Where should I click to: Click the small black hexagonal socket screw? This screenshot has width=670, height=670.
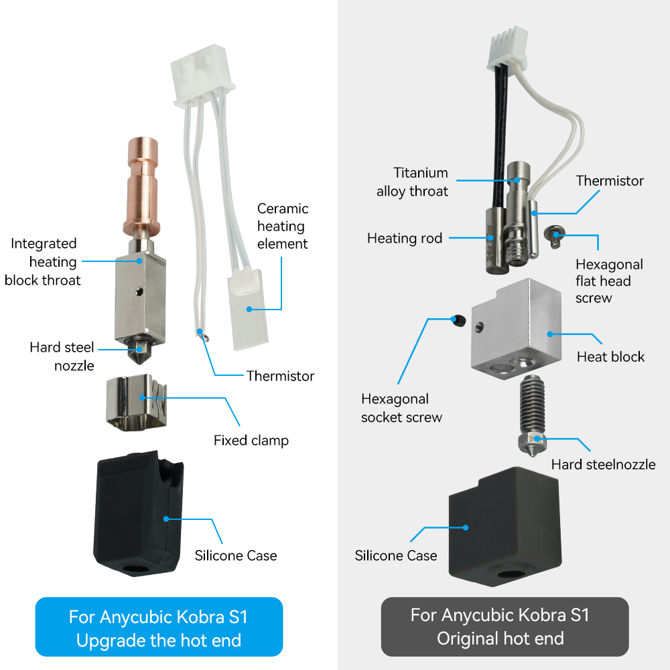point(459,321)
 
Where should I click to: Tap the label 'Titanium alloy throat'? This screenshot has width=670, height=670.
point(412,182)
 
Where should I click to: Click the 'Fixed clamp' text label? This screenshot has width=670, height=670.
point(251,440)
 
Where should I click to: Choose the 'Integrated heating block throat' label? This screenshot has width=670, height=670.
point(43,262)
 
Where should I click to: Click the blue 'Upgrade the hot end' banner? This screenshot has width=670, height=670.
point(159,628)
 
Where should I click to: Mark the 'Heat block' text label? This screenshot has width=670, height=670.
point(610,356)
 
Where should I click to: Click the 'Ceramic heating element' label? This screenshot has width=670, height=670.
point(282,226)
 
